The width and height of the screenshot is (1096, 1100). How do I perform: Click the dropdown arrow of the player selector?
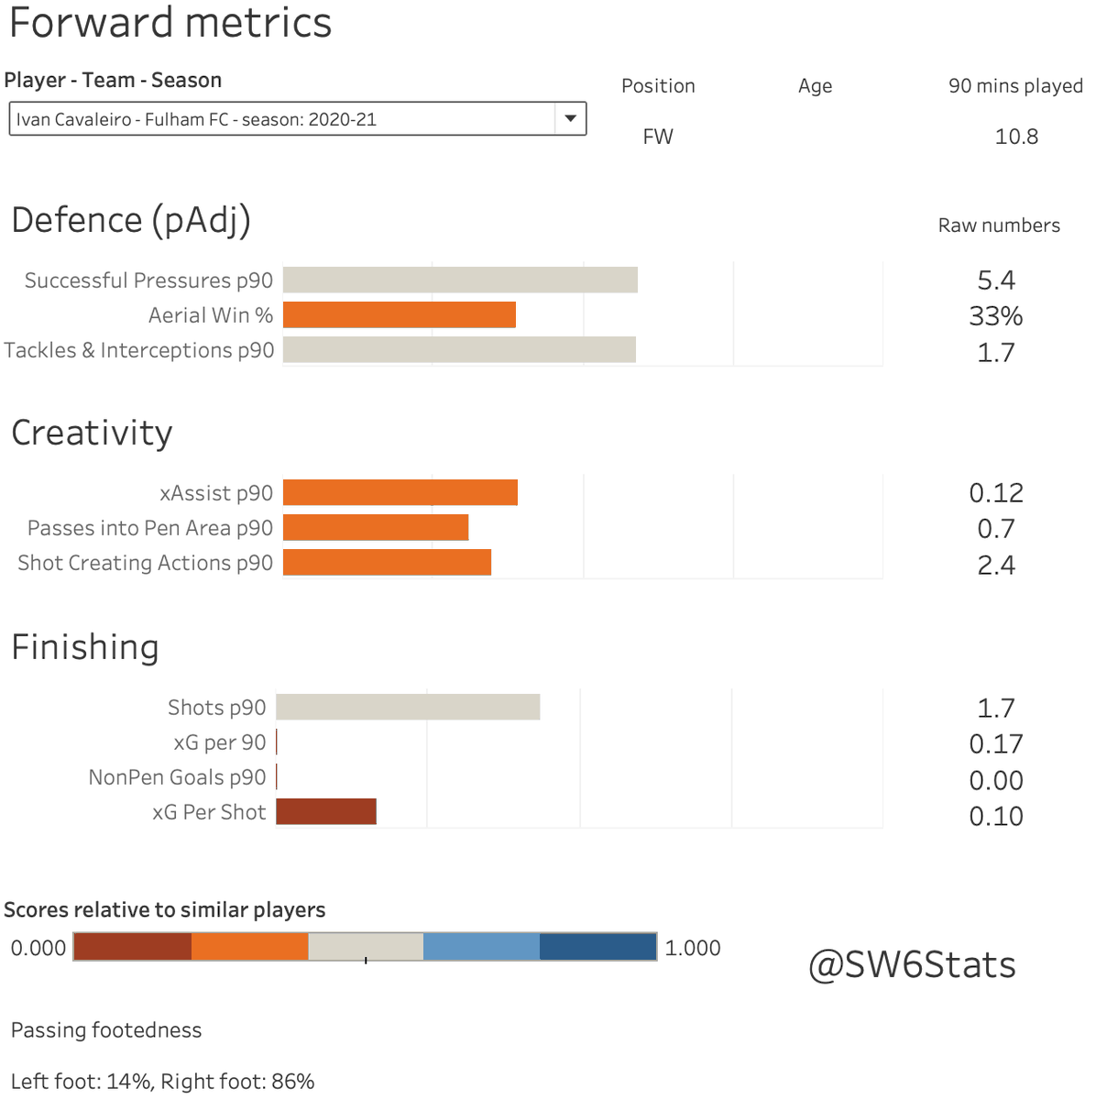click(570, 118)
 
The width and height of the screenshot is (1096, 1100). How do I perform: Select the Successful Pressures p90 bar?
click(460, 280)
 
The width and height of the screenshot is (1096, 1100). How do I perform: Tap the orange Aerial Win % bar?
click(400, 315)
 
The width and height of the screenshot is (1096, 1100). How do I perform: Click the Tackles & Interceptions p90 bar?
click(459, 350)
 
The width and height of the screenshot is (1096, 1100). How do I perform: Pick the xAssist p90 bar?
click(400, 493)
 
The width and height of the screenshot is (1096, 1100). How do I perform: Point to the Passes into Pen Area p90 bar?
click(376, 528)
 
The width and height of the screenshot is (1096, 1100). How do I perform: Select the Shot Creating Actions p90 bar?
click(387, 563)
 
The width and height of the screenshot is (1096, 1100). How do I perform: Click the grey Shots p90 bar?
click(408, 708)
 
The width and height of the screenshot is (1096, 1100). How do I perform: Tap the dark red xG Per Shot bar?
click(326, 812)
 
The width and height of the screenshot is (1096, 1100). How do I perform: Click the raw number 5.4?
click(996, 280)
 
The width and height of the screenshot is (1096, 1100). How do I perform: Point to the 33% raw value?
click(996, 316)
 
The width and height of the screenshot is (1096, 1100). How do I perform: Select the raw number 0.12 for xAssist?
click(996, 493)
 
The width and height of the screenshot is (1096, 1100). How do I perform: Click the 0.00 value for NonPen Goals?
click(996, 781)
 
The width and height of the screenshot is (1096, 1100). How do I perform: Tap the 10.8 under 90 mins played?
click(1016, 137)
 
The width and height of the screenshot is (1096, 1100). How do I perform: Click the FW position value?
click(658, 137)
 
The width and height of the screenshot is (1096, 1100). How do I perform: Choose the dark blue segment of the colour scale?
click(598, 947)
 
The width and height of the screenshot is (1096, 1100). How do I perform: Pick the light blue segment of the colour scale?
click(481, 947)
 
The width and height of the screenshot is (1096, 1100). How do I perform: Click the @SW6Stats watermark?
click(912, 965)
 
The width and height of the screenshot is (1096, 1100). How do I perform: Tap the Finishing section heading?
click(85, 647)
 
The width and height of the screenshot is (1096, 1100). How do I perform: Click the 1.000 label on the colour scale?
click(693, 948)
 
